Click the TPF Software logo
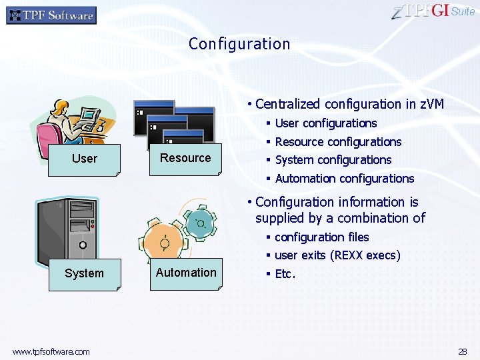(x=51, y=15)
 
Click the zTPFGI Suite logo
(x=433, y=11)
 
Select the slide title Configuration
(x=239, y=44)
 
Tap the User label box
(x=84, y=159)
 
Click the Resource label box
(x=185, y=159)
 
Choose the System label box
(x=84, y=273)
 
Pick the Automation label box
(x=186, y=273)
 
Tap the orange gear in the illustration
(x=165, y=242)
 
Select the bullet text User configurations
(x=325, y=123)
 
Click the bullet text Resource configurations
(x=338, y=142)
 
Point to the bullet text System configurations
(x=333, y=160)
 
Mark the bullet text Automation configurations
(x=344, y=179)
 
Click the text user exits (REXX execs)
(x=337, y=255)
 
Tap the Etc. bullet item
(x=285, y=274)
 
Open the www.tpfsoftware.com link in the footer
(x=51, y=351)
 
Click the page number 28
(x=462, y=351)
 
